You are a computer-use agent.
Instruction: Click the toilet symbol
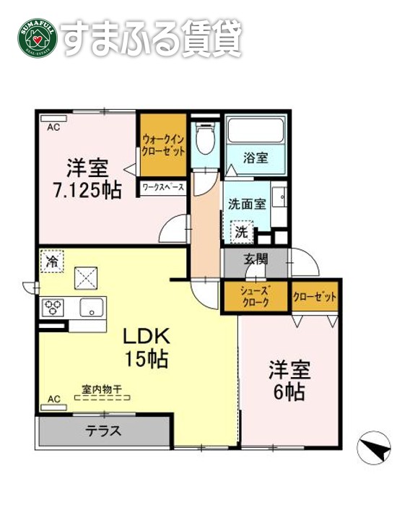coord(205,137)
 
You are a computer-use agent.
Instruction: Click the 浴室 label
coord(256,157)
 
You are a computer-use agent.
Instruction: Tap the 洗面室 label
coord(247,204)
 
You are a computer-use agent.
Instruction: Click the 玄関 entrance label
coord(256,259)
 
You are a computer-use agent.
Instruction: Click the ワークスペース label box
coord(164,187)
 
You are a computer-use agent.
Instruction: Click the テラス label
coord(105,432)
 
